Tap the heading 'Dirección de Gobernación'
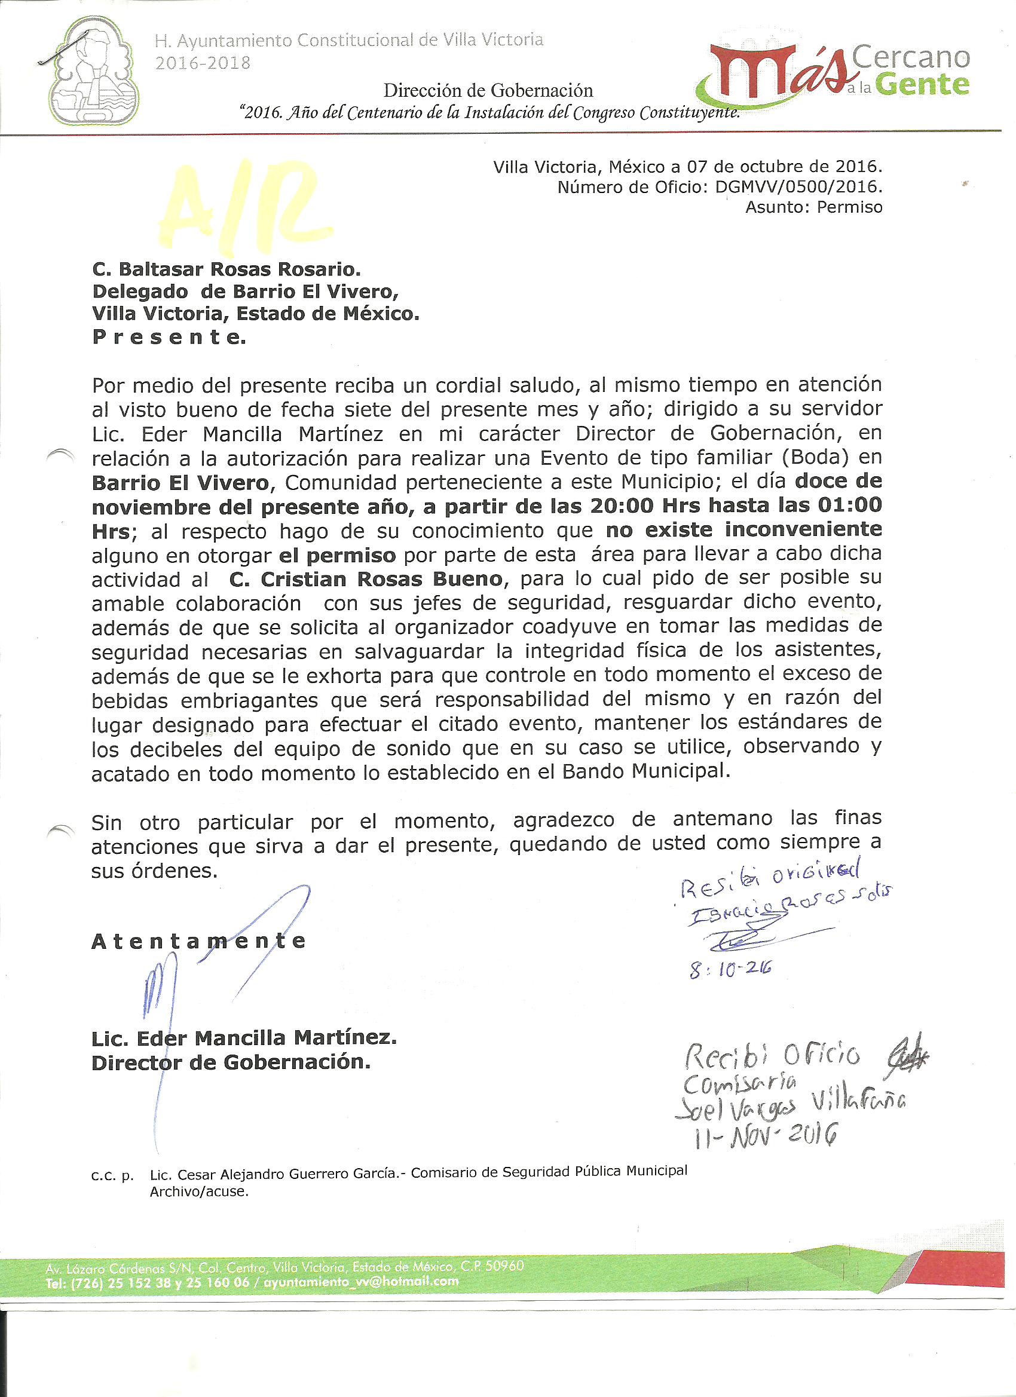[x=488, y=91]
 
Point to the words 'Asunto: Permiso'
[x=813, y=207]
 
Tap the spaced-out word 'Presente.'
[x=169, y=338]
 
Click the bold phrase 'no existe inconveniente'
[x=743, y=529]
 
